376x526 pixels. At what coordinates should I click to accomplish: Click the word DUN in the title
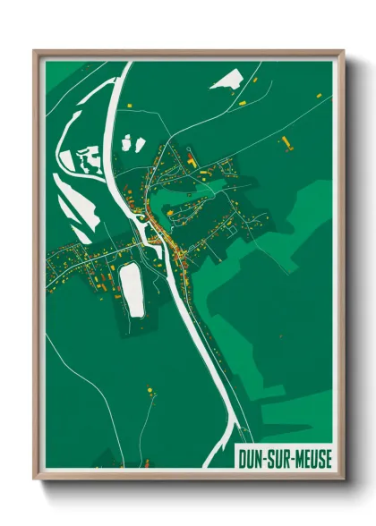pyautogui.click(x=251, y=457)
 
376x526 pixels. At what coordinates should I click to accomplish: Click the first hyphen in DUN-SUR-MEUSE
pyautogui.click(x=264, y=458)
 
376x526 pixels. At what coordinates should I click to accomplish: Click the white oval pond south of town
pyautogui.click(x=132, y=288)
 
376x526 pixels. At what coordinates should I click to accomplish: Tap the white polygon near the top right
pyautogui.click(x=226, y=79)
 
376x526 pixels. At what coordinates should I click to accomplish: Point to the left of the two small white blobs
pyautogui.click(x=126, y=142)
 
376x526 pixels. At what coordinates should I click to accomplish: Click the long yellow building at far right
pyautogui.click(x=287, y=141)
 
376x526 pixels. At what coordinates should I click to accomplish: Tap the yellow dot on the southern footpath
pyautogui.click(x=149, y=390)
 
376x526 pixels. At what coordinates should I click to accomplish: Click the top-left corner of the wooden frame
pyautogui.click(x=35, y=51)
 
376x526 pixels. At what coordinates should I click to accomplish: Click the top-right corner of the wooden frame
pyautogui.click(x=343, y=51)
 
